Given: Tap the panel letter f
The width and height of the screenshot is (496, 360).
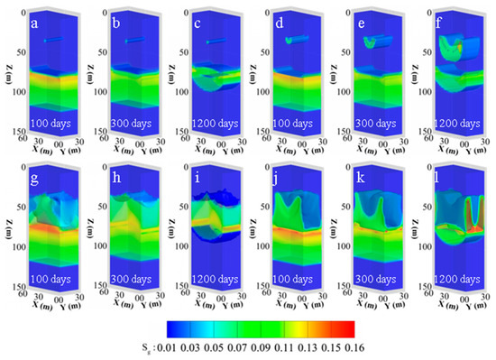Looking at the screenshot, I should click(443, 15).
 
